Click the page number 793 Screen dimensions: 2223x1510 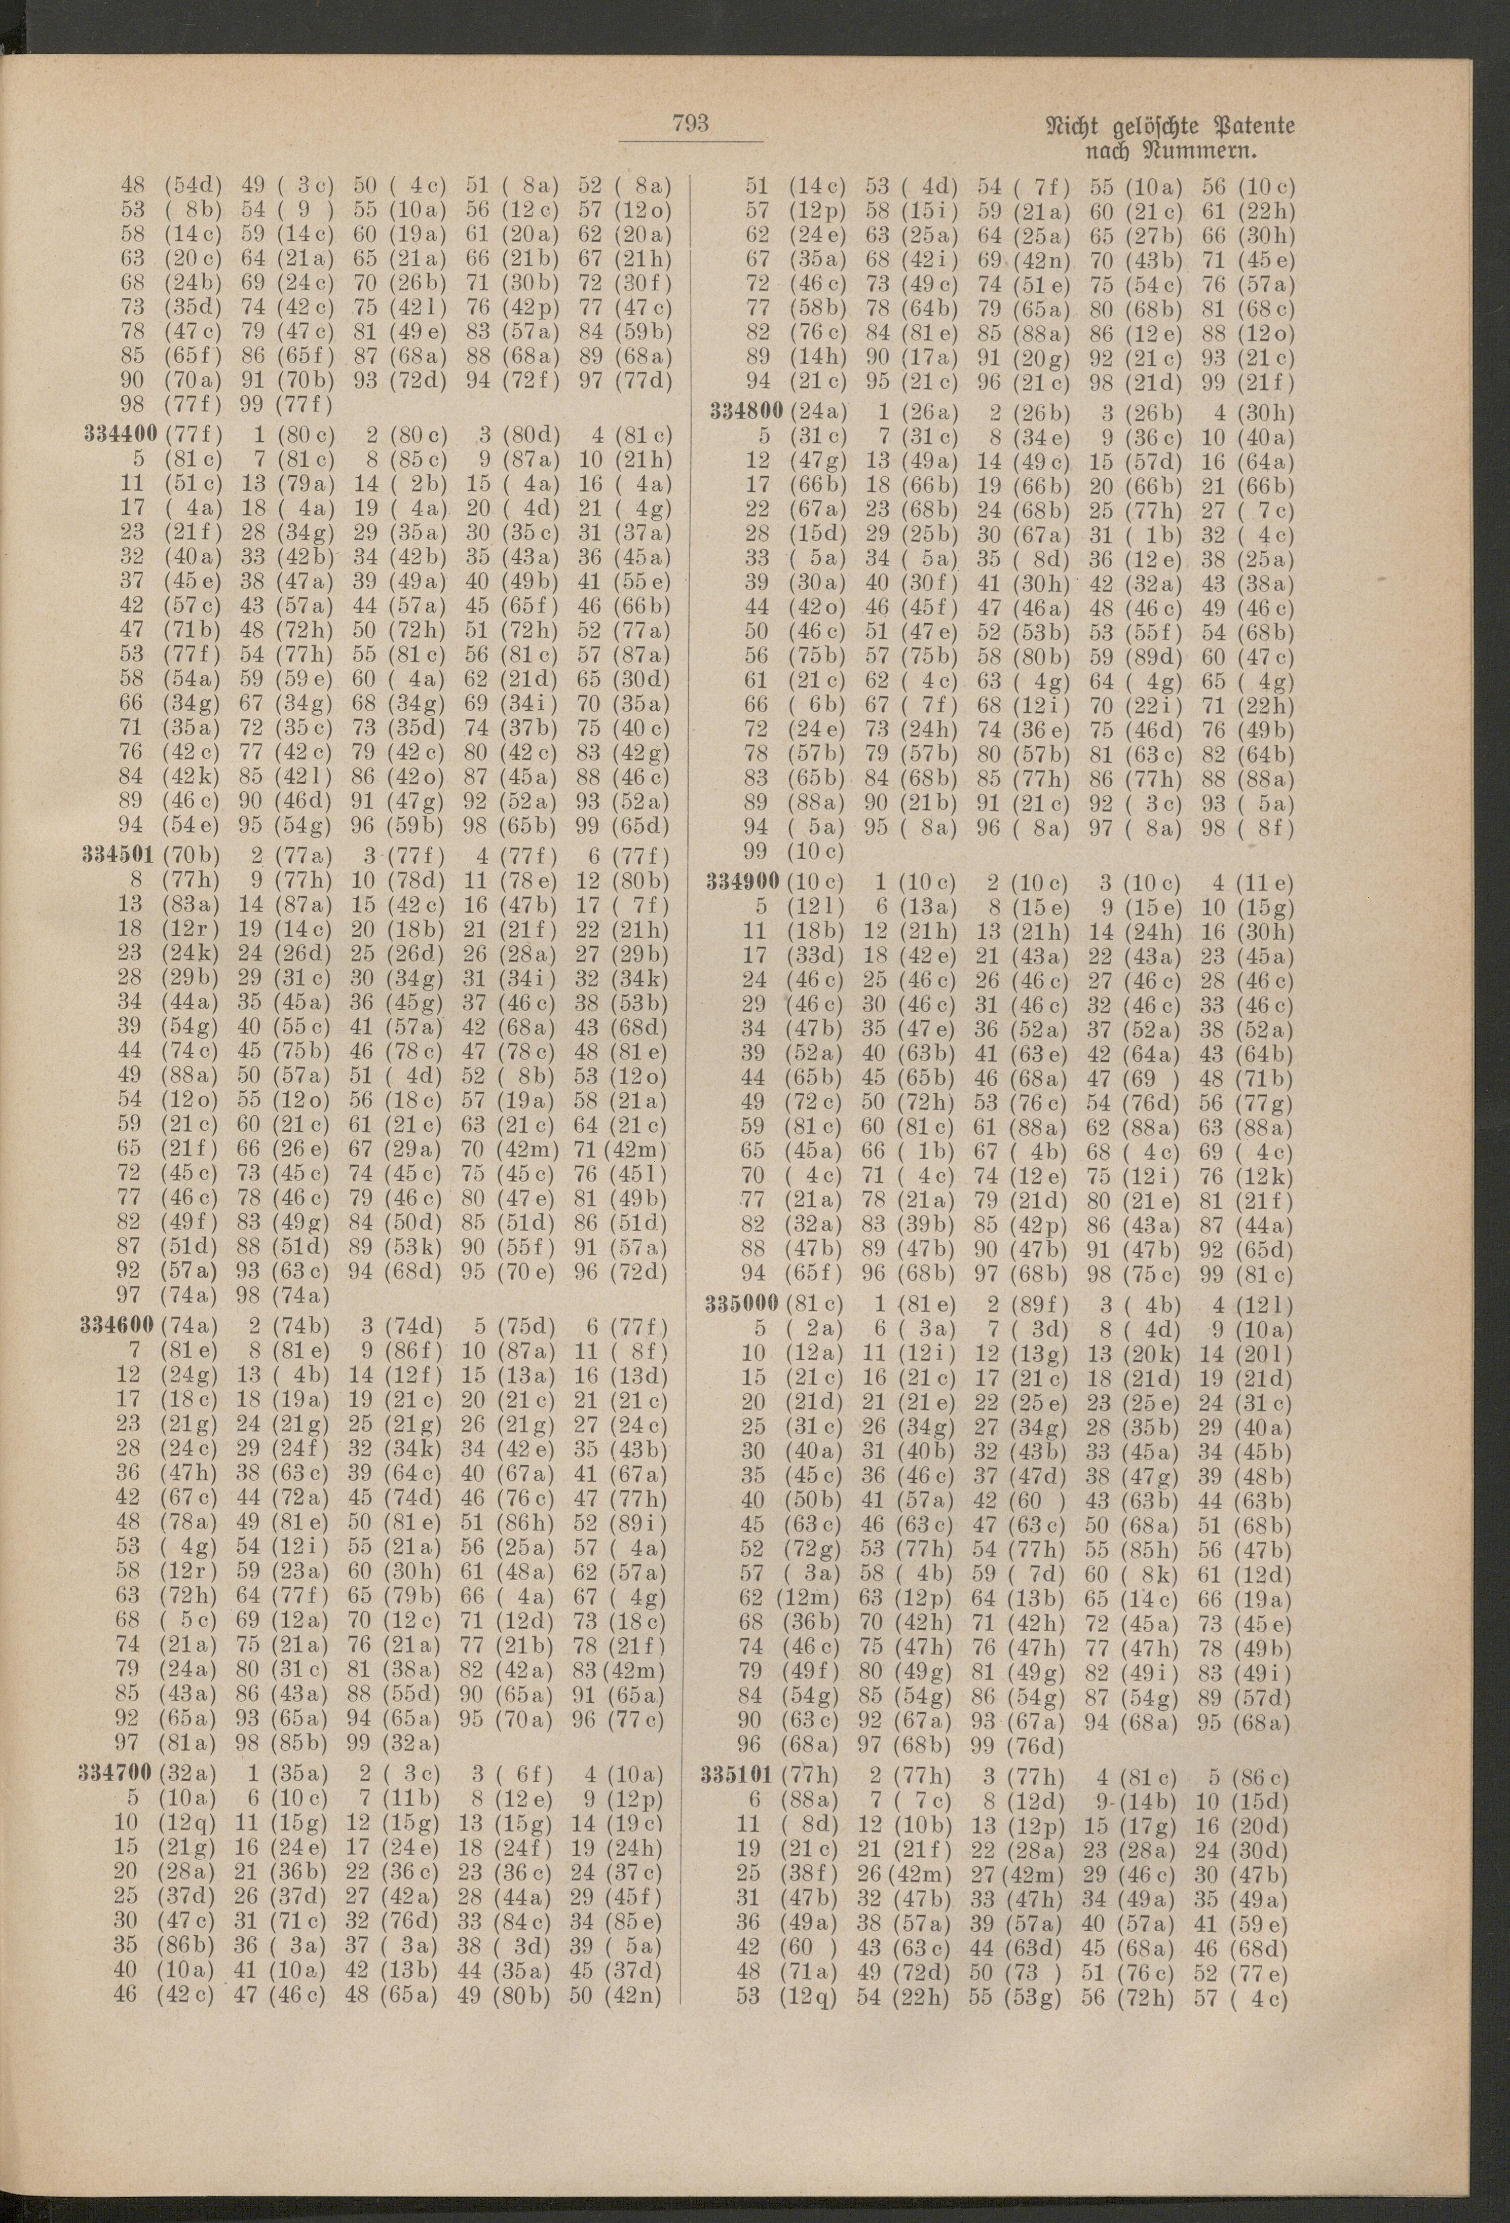pyautogui.click(x=690, y=124)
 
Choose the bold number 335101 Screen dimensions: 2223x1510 pyautogui.click(x=742, y=1775)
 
